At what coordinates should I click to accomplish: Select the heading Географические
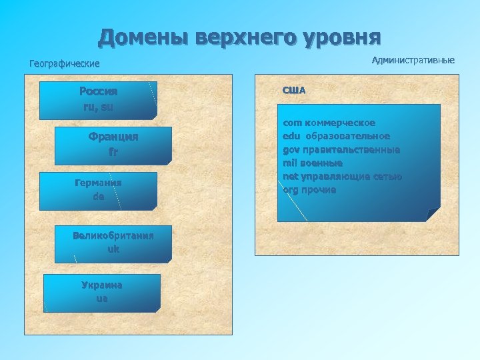pyautogui.click(x=64, y=64)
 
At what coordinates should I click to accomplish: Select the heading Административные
pyautogui.click(x=413, y=61)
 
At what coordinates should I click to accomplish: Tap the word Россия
pyautogui.click(x=98, y=91)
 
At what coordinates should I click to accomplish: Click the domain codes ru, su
pyautogui.click(x=98, y=106)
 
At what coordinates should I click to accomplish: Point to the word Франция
pyautogui.click(x=113, y=137)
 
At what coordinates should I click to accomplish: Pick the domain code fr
pyautogui.click(x=113, y=151)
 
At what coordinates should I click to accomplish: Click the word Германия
pyautogui.click(x=98, y=182)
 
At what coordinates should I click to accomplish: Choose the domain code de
pyautogui.click(x=98, y=197)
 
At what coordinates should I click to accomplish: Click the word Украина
pyautogui.click(x=101, y=285)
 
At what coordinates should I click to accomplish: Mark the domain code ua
pyautogui.click(x=101, y=299)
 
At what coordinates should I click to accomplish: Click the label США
pyautogui.click(x=294, y=90)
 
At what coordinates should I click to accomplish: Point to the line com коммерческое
pyautogui.click(x=329, y=123)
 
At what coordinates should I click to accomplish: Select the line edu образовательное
pyautogui.click(x=336, y=137)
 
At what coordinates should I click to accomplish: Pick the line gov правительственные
pyautogui.click(x=341, y=150)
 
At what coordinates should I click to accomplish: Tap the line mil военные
pyautogui.click(x=312, y=163)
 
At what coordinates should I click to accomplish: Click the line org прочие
pyautogui.click(x=309, y=190)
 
